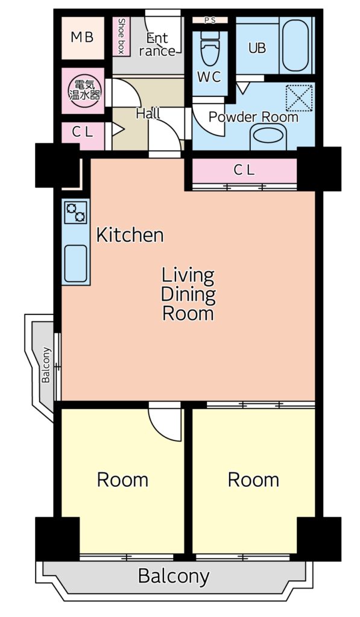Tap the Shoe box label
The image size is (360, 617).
click(121, 36)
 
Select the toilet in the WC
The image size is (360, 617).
click(209, 48)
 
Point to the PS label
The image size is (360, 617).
click(210, 20)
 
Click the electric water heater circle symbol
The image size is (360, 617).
click(84, 90)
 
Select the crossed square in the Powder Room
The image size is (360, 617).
click(298, 98)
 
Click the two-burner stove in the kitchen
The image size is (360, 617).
click(75, 212)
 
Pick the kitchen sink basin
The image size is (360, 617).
click(75, 264)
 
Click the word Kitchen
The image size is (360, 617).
click(130, 236)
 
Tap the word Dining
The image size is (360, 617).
click(188, 294)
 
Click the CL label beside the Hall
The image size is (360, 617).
click(83, 132)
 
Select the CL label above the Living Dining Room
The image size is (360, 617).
click(244, 170)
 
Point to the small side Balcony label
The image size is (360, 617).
click(46, 365)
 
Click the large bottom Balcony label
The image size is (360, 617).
click(174, 577)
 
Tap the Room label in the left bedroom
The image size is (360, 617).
click(122, 480)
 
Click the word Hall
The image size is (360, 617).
click(148, 114)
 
